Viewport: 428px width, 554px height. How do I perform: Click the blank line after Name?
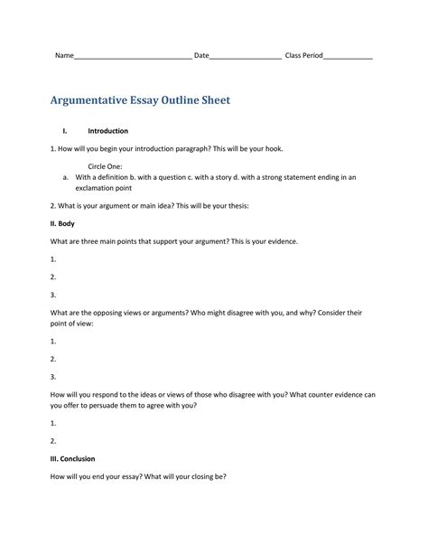pos(132,57)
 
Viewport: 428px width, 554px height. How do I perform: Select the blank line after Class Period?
pos(348,57)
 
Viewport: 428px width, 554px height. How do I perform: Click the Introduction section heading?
pos(107,132)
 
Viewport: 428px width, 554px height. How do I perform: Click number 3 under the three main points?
pos(54,295)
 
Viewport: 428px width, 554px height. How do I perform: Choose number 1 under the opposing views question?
pos(54,342)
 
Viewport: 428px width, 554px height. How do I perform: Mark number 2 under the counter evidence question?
pos(54,441)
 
